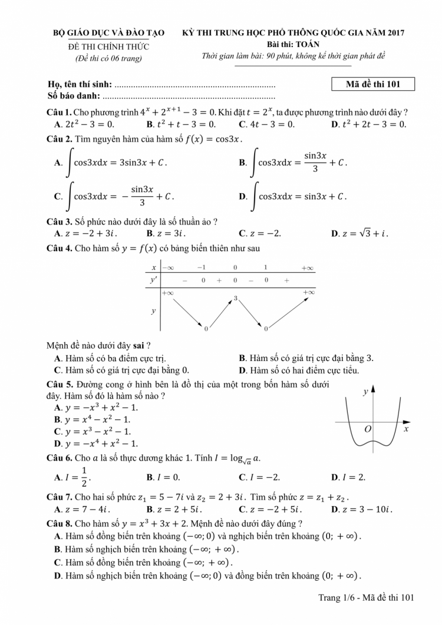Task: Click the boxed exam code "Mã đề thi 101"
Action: tap(373, 84)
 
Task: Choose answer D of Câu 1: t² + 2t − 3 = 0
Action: tap(369, 124)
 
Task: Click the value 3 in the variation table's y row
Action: tap(235, 299)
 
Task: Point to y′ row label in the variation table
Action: tap(154, 280)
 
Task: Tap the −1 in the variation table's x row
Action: tap(202, 268)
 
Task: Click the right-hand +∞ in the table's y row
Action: tap(308, 292)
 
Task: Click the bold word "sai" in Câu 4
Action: tap(140, 345)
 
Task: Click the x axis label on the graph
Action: tap(406, 429)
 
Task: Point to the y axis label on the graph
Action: tap(365, 392)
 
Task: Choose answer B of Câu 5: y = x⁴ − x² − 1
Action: tap(96, 419)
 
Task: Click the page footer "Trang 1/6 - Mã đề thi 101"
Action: tap(367, 598)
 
